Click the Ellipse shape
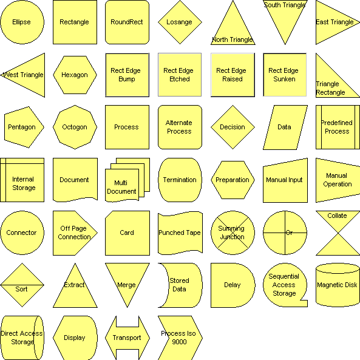coord(22,22)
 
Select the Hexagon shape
coord(75,75)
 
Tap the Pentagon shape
coord(24,127)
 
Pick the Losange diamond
coord(180,22)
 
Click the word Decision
coord(233,127)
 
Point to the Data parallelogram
coord(285,127)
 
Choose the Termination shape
coord(180,180)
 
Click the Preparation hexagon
coord(233,180)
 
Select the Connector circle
coord(22,233)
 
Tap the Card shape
coord(127,233)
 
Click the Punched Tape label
coord(180,233)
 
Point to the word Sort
coord(21,289)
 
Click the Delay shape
coord(233,285)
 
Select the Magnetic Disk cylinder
coord(338,285)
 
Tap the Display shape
coord(75,338)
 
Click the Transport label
coord(127,338)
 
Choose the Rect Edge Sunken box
coord(285,75)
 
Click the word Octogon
coord(75,127)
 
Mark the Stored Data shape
coord(184,285)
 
